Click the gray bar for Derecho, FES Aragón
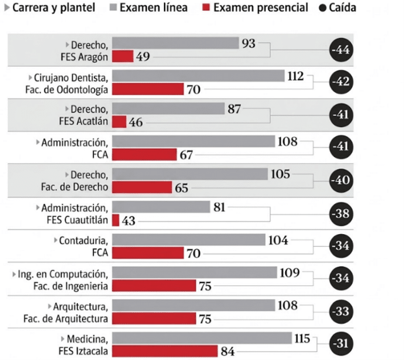[175, 43]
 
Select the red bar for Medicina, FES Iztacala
[165, 351]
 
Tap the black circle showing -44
[341, 50]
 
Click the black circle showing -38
[341, 214]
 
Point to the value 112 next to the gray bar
[295, 76]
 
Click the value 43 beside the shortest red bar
[129, 221]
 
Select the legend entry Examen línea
[149, 7]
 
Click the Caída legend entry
[337, 8]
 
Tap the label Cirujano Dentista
[71, 78]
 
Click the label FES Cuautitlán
[77, 220]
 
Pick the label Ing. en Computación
[63, 275]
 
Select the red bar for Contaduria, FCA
[148, 253]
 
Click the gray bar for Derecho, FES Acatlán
[168, 109]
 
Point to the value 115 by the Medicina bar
[302, 338]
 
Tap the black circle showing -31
[341, 343]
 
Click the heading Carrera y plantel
[53, 7]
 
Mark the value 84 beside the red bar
[228, 351]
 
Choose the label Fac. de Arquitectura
[65, 319]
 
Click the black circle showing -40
[341, 180]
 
